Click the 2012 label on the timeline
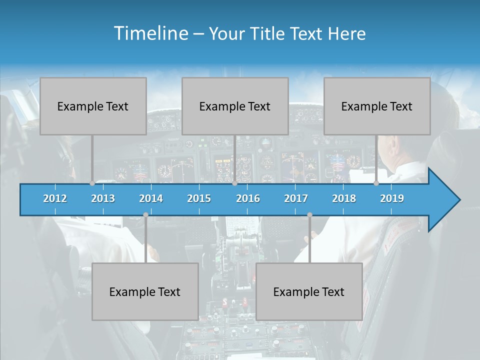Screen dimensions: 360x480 55,198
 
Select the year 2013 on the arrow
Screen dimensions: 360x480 103,198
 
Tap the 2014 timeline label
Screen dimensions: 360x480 151,198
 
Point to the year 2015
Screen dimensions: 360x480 199,198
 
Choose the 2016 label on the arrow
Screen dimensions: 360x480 248,198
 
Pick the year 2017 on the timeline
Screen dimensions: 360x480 296,198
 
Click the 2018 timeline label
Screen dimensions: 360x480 344,198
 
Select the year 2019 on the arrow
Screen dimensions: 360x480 392,198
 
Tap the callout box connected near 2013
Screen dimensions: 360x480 93,106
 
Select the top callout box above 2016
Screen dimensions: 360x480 235,106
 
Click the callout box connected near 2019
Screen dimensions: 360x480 377,106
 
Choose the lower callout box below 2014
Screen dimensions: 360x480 145,291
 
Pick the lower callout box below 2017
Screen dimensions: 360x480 309,291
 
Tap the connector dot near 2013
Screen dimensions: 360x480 92,183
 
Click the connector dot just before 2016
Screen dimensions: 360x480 234,183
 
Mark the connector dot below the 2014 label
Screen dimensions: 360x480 145,214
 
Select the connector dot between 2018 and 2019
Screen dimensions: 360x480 376,183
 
